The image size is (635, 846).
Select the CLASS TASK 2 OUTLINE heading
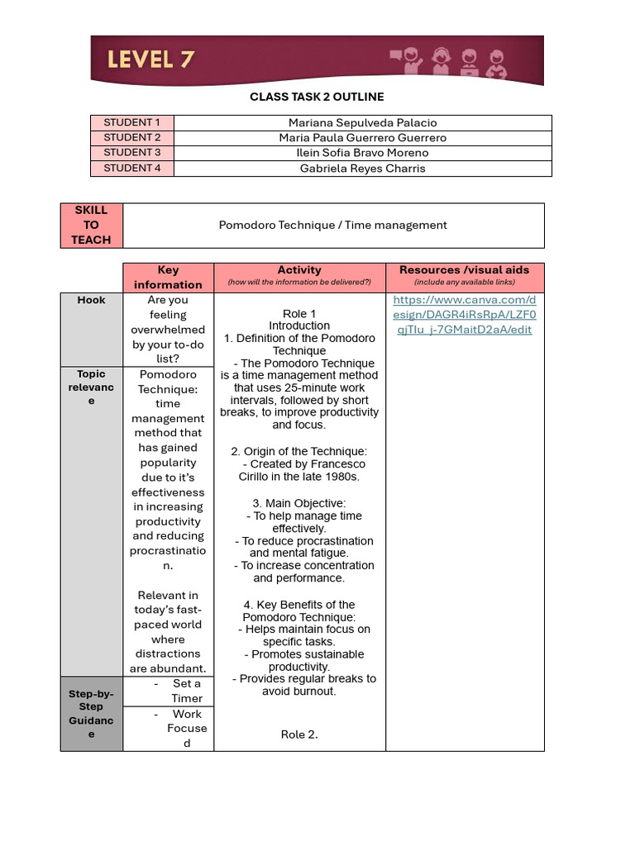[x=317, y=97]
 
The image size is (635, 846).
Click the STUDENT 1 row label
[x=132, y=122]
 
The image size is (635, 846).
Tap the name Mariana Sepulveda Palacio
[x=362, y=122]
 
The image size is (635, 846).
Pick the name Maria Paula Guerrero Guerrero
[x=362, y=137]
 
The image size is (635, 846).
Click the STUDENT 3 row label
[x=132, y=152]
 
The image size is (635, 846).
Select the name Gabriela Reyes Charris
[x=362, y=168]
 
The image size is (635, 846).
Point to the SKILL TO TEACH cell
[x=91, y=225]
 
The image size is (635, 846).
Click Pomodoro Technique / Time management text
[x=332, y=225]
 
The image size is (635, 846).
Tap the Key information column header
[x=168, y=277]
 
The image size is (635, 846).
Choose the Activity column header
[x=299, y=270]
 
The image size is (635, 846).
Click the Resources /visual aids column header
[x=464, y=270]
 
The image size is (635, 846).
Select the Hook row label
[x=91, y=300]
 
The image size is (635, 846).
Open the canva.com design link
[x=464, y=315]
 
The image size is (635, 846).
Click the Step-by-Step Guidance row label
[x=91, y=713]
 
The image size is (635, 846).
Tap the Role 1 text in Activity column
[x=299, y=314]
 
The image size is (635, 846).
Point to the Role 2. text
[x=299, y=734]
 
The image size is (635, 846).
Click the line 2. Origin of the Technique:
[x=299, y=451]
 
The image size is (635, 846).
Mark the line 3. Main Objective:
[x=299, y=503]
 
